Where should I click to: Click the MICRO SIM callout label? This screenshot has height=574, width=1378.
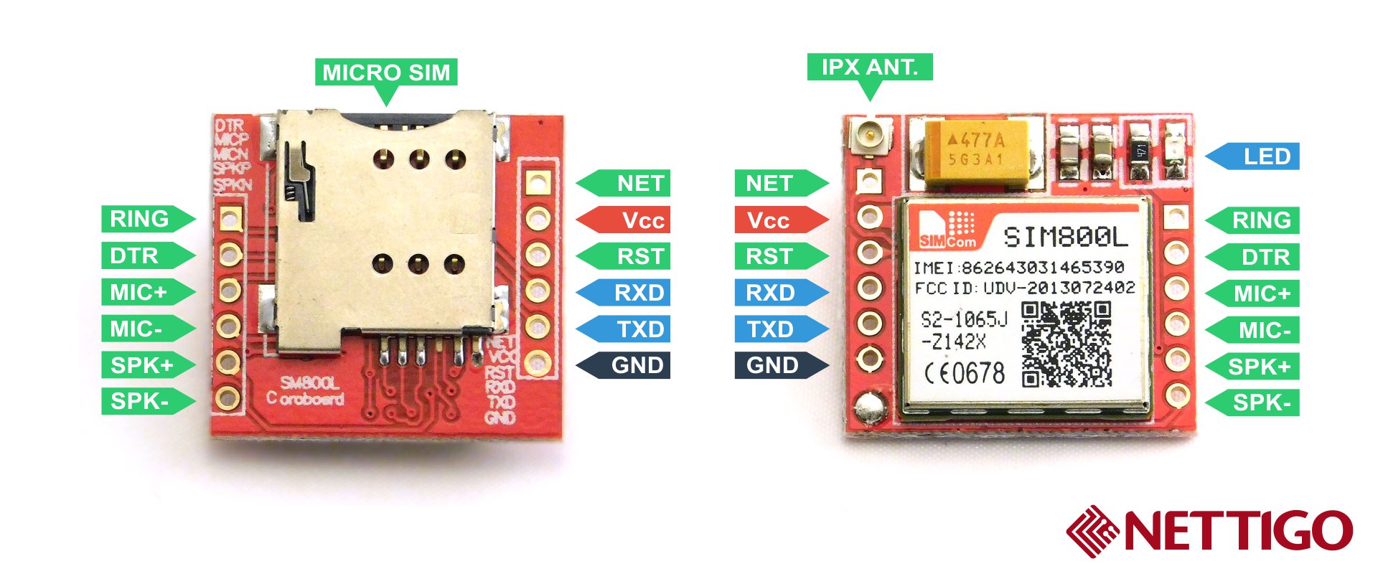click(386, 72)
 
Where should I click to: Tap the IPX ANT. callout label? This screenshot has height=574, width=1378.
click(870, 67)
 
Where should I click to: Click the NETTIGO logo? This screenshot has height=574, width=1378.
click(1209, 531)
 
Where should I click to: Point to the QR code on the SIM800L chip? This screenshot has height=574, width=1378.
click(1067, 344)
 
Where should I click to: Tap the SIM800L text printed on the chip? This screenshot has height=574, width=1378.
click(1065, 237)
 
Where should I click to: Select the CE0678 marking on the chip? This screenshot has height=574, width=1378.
click(964, 373)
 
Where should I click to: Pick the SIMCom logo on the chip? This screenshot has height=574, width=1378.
click(947, 230)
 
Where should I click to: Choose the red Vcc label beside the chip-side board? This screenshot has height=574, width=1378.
click(774, 220)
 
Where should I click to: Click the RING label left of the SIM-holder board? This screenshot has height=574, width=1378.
click(141, 219)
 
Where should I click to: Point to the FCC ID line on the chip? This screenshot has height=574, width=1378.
click(1024, 288)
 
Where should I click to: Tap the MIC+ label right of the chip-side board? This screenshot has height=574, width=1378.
click(1259, 293)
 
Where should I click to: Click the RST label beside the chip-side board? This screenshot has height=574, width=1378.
click(774, 256)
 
